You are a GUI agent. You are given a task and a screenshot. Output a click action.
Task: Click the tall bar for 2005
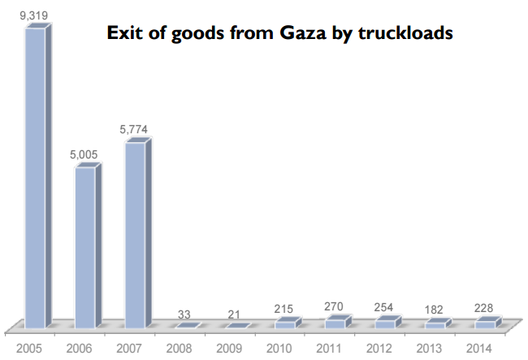(x=35, y=175)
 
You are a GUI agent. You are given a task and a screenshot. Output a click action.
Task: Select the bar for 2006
(x=84, y=244)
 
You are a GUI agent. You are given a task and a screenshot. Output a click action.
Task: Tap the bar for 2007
(x=135, y=232)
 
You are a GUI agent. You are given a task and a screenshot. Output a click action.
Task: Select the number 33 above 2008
(x=184, y=314)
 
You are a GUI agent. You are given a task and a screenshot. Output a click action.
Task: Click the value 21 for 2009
(x=234, y=314)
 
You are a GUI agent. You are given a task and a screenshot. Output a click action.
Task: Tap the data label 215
(x=284, y=310)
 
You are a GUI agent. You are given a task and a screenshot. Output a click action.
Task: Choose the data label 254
(x=384, y=309)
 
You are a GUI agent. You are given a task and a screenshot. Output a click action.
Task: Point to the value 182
(x=435, y=311)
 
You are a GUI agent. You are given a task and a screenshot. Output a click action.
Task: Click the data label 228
(x=484, y=309)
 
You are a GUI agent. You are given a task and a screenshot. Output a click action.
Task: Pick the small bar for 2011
(x=334, y=323)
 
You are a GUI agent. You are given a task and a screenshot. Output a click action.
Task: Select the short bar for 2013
(x=435, y=325)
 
